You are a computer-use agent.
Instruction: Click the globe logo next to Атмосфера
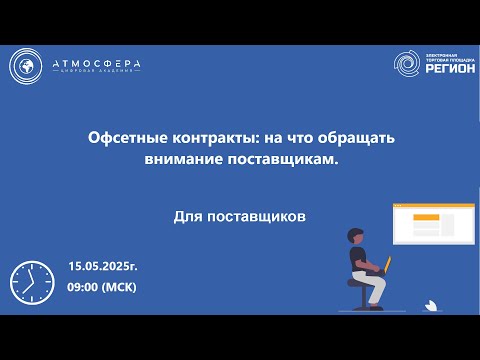point(28,66)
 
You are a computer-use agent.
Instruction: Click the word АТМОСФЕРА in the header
point(96,64)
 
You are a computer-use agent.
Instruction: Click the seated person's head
point(353,236)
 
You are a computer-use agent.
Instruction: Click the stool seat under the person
point(358,282)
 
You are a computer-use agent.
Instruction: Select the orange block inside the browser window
point(427,218)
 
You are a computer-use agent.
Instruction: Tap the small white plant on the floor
point(430,301)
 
